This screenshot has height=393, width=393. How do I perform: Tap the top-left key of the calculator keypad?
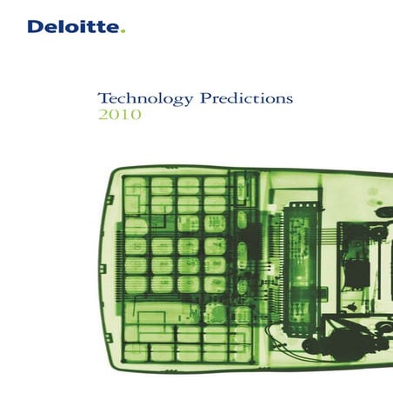(x=136, y=185)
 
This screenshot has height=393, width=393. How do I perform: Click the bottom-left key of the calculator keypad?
(x=136, y=352)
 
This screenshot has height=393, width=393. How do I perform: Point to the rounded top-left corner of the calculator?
(x=106, y=178)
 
